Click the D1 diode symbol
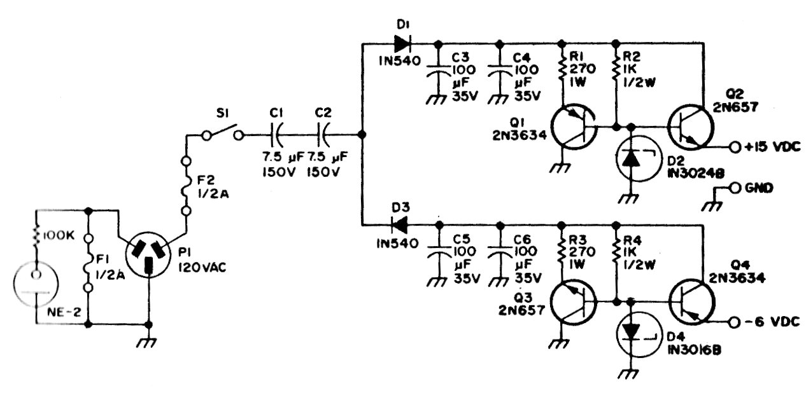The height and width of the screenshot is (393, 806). click(x=402, y=44)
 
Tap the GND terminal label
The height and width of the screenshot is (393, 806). click(x=759, y=188)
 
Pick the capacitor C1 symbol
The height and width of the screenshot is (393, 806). click(x=276, y=135)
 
